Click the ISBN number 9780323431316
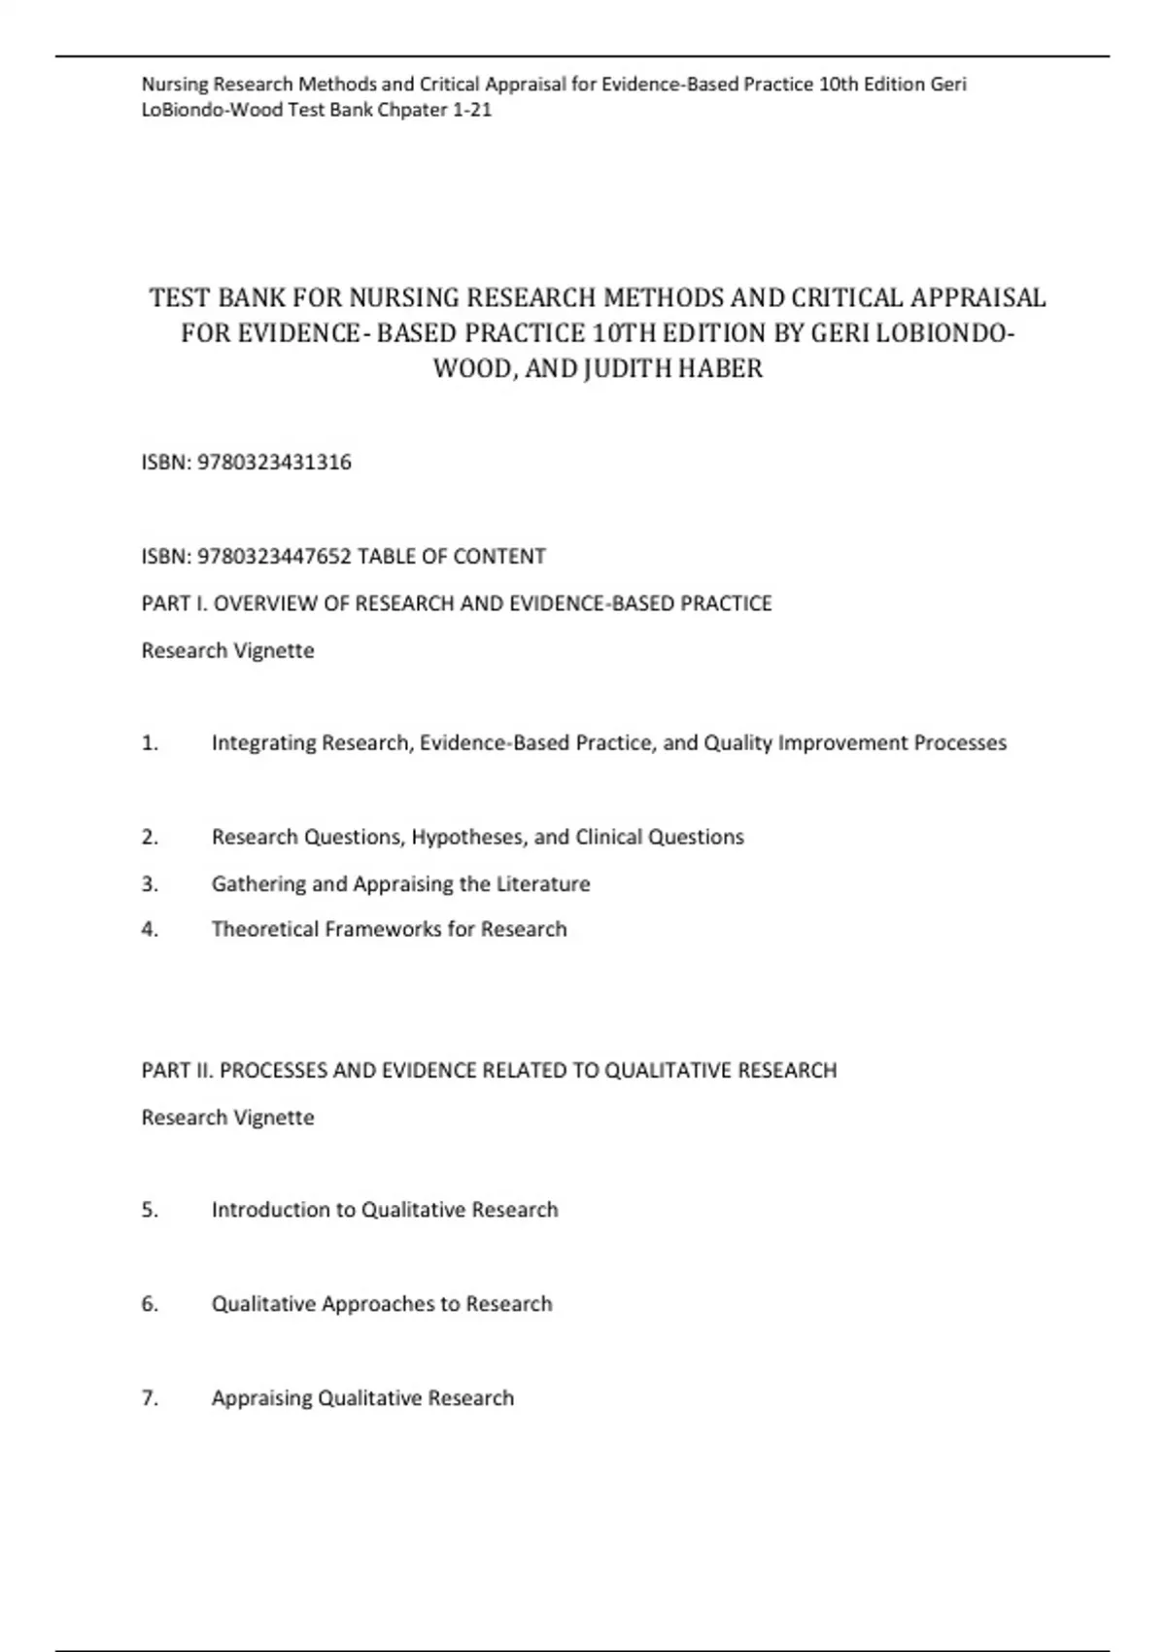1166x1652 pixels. pos(274,463)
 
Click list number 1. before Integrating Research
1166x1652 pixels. pos(150,743)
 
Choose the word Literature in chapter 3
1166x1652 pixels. pos(543,884)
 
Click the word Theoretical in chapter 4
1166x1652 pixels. pos(264,930)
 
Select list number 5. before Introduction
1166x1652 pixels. pos(150,1211)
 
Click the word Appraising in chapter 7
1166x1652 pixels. pos(261,1398)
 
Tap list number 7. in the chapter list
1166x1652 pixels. pos(150,1398)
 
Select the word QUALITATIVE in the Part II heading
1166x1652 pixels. pos(669,1071)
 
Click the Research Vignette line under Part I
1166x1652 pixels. pos(228,651)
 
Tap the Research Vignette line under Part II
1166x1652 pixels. pos(228,1118)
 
